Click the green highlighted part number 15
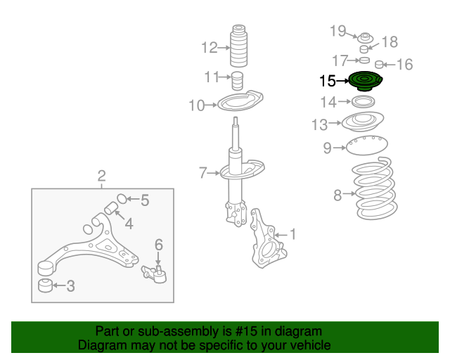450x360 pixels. [364, 82]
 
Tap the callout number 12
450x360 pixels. [210, 48]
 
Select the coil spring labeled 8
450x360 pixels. [373, 190]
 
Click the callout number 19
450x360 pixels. [339, 30]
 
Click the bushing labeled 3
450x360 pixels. [44, 285]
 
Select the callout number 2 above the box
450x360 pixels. [101, 175]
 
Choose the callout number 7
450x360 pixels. [202, 172]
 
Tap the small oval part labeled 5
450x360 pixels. [120, 198]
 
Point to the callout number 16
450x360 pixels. [405, 65]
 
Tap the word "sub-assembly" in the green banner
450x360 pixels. [169, 331]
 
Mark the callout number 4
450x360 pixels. [129, 224]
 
